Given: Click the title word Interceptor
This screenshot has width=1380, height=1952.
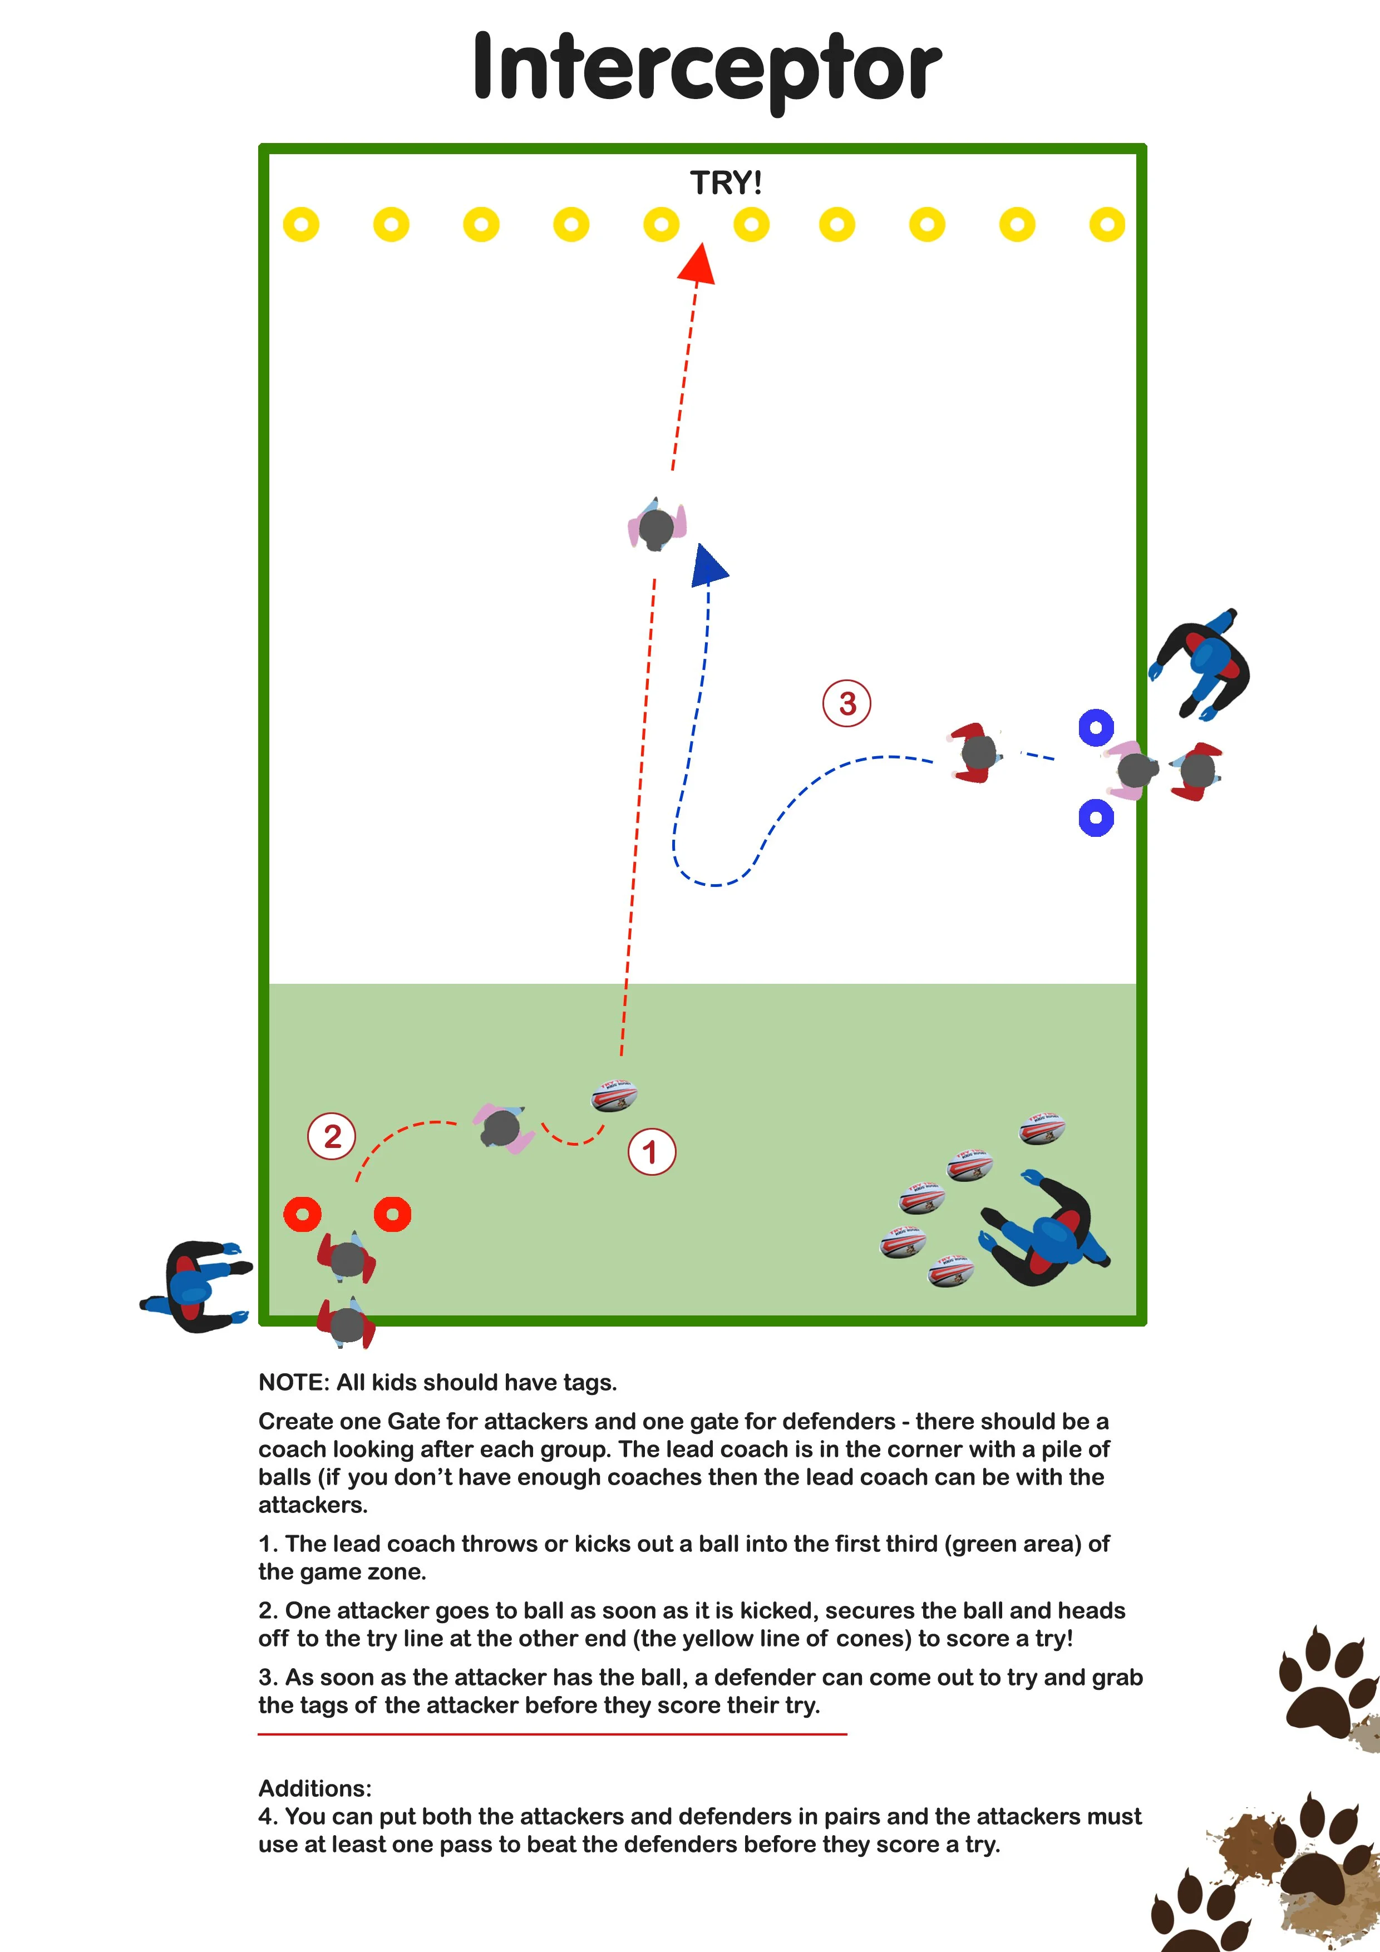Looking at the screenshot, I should tap(707, 68).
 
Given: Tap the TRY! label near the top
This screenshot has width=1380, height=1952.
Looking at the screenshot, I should tap(725, 183).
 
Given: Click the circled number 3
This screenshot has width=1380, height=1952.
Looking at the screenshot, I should tap(847, 703).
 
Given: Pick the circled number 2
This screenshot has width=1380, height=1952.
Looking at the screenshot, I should tap(332, 1136).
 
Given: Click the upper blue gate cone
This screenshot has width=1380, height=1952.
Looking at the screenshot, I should tap(1096, 728).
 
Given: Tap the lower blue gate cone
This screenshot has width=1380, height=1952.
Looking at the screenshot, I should tap(1096, 818).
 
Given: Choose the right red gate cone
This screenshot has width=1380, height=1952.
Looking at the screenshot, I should tap(393, 1214).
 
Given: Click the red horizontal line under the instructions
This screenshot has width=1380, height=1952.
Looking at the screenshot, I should tap(553, 1733).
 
